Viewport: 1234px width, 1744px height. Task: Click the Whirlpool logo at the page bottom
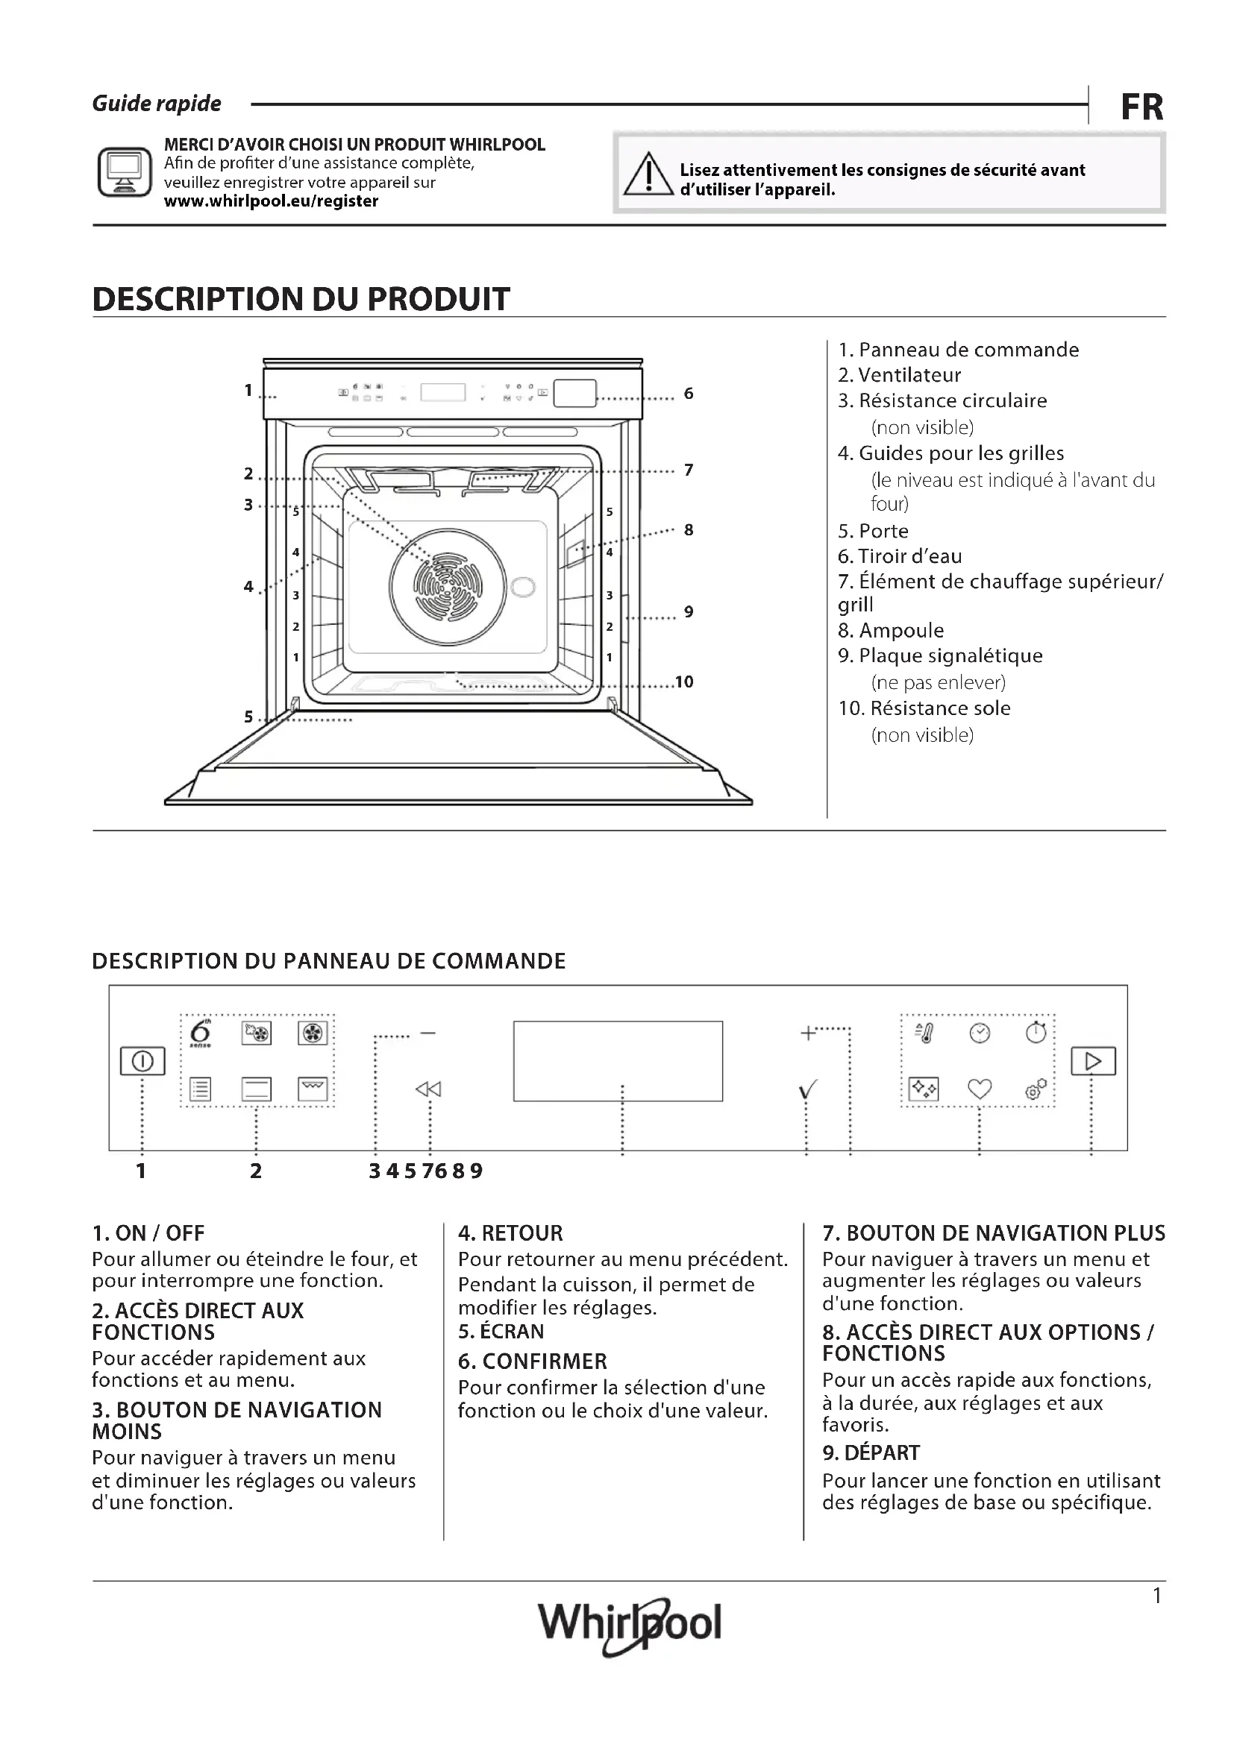pyautogui.click(x=629, y=1624)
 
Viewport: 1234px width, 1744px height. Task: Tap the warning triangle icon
pyautogui.click(x=648, y=174)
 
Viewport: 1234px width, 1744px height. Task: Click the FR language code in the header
pyautogui.click(x=1141, y=107)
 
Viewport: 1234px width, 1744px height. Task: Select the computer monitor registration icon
pyautogui.click(x=124, y=172)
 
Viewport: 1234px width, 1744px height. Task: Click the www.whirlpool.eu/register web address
pyautogui.click(x=272, y=201)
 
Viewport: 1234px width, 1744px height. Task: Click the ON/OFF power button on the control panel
pyautogui.click(x=142, y=1061)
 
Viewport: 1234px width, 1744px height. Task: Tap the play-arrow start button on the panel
pyautogui.click(x=1093, y=1061)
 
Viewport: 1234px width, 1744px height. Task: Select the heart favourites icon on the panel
pyautogui.click(x=980, y=1089)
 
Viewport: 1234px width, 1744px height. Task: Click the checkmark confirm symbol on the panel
pyautogui.click(x=808, y=1091)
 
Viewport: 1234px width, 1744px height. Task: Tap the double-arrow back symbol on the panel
pyautogui.click(x=428, y=1089)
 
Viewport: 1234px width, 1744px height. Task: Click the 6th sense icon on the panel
pyautogui.click(x=200, y=1033)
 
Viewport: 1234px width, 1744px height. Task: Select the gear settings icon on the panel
pyautogui.click(x=1036, y=1089)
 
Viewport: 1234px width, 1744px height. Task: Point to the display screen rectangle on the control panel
pyautogui.click(x=618, y=1060)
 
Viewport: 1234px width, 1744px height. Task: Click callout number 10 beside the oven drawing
pyautogui.click(x=684, y=682)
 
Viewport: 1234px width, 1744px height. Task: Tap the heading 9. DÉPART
pyautogui.click(x=871, y=1452)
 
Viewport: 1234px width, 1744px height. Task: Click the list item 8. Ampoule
pyautogui.click(x=891, y=631)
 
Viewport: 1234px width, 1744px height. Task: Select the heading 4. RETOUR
pyautogui.click(x=510, y=1233)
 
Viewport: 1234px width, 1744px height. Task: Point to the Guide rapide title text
pyautogui.click(x=157, y=104)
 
